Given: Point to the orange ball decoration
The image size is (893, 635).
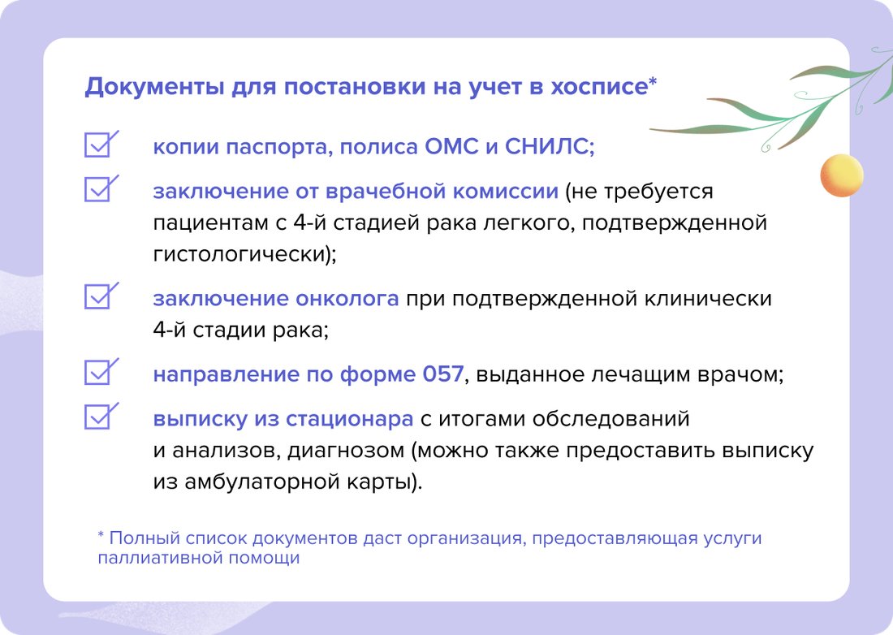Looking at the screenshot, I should pyautogui.click(x=840, y=175).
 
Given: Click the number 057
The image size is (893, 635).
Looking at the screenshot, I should pyautogui.click(x=442, y=375).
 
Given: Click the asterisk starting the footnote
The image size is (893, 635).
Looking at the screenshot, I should pyautogui.click(x=101, y=537).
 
